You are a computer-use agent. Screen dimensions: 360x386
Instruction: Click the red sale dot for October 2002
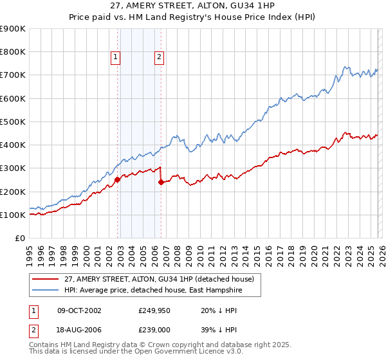(118, 180)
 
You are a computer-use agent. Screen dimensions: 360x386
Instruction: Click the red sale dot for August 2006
(161, 183)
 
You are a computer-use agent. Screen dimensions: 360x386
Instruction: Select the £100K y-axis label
(13, 215)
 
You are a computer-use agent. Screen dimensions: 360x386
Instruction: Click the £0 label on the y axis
(19, 238)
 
